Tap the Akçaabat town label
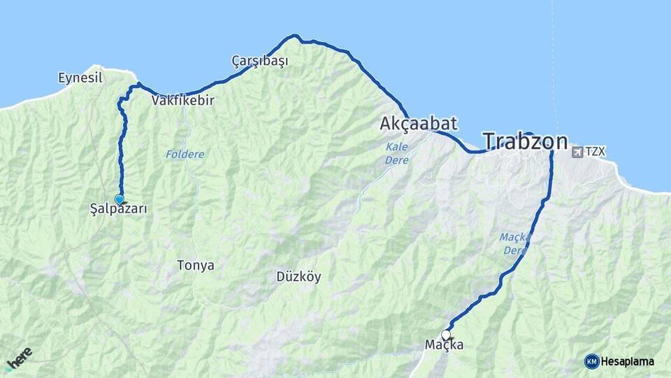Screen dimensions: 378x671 pos(419,124)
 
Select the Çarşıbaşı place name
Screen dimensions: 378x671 pos(260,61)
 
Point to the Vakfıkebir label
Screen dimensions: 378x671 pos(182,101)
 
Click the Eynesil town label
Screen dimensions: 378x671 pos(80,78)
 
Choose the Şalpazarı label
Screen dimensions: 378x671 pos(119,209)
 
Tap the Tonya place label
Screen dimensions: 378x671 pos(196,265)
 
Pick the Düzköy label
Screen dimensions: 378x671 pos(298,276)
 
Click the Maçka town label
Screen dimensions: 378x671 pos(445,345)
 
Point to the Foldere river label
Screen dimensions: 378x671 pos(185,154)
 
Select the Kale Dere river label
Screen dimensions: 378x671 pos(397,153)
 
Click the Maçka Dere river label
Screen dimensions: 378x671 pos(515,244)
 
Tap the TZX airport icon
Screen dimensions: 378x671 pos(577,151)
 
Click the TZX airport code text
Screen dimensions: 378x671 pos(594,151)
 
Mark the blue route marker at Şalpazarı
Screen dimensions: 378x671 pos(119,199)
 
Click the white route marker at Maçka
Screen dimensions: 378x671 pos(446,335)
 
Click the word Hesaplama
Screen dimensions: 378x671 pos(627,361)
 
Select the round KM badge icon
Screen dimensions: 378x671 pos(591,361)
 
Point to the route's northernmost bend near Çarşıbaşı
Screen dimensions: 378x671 pos(296,36)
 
